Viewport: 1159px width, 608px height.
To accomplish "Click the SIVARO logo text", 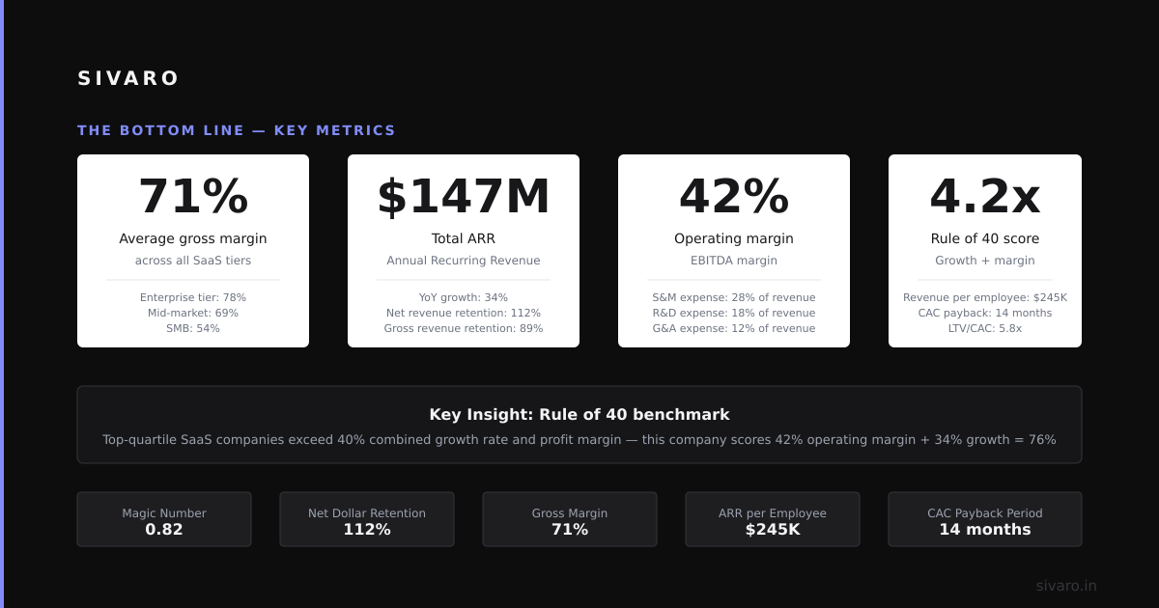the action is click(127, 78).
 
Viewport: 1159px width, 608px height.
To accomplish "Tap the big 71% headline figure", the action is click(193, 196).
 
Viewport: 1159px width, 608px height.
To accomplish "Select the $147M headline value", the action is click(464, 197).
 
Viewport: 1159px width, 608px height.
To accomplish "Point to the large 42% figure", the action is click(734, 196).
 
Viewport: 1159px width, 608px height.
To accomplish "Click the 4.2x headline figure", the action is click(984, 196).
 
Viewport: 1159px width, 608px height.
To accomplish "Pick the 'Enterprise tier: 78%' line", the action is click(193, 297).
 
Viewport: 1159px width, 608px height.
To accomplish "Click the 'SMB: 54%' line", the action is click(193, 328).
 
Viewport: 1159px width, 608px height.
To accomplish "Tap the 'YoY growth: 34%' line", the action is click(464, 297).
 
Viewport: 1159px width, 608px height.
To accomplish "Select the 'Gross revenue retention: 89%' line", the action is click(464, 328).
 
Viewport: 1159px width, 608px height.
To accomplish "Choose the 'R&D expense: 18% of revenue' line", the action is click(734, 313).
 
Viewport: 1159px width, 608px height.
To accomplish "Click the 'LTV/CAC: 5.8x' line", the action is click(984, 328).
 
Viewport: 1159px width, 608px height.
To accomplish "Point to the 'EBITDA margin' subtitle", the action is click(734, 260).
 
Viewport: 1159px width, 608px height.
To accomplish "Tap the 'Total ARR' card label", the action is click(464, 238).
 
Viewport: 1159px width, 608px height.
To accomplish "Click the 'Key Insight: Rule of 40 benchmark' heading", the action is click(579, 415).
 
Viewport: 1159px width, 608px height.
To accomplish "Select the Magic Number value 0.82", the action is click(164, 530).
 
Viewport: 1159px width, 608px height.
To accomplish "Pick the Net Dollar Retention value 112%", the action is click(367, 530).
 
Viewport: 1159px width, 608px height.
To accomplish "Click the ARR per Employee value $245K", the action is click(773, 530).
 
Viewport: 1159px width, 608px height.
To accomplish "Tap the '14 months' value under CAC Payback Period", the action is click(984, 530).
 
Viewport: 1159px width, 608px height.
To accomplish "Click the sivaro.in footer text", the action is click(1066, 586).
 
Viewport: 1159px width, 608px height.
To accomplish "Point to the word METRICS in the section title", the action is click(355, 130).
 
